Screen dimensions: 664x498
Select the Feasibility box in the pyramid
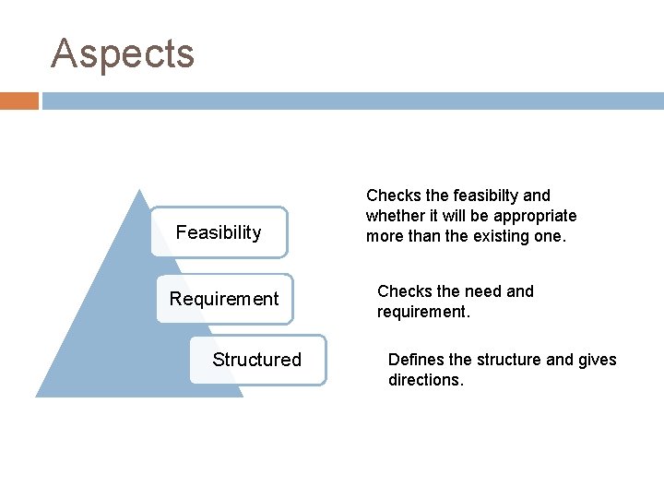(x=219, y=232)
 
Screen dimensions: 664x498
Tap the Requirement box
(x=224, y=299)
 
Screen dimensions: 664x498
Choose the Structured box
(x=256, y=360)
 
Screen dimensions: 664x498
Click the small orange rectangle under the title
(x=19, y=101)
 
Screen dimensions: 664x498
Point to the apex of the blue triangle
(x=139, y=191)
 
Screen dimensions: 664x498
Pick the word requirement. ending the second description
(x=423, y=312)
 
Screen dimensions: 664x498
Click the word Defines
(x=416, y=360)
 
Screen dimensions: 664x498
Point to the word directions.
(x=425, y=380)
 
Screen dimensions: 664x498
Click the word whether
(x=394, y=216)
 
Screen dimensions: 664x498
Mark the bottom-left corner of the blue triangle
(x=37, y=396)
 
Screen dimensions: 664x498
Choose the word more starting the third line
(x=385, y=236)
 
